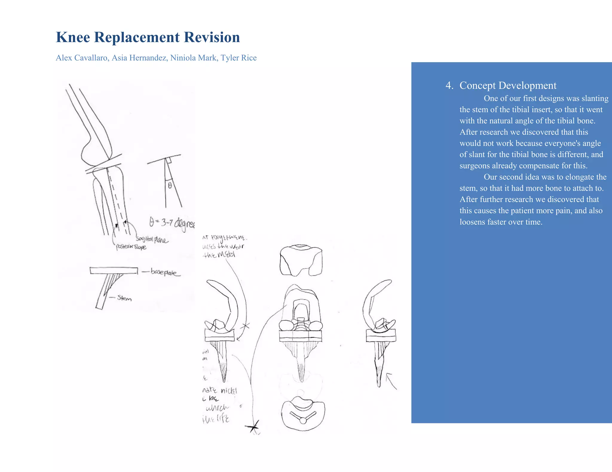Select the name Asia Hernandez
coord(139,58)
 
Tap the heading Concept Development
coord(508,85)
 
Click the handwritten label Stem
coord(124,298)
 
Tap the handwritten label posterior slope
coord(131,247)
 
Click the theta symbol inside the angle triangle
coord(170,186)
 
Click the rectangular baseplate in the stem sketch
coord(114,271)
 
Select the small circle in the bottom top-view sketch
coord(303,421)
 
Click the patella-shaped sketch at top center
coord(301,260)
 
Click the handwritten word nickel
coord(229,391)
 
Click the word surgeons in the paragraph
coord(475,166)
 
